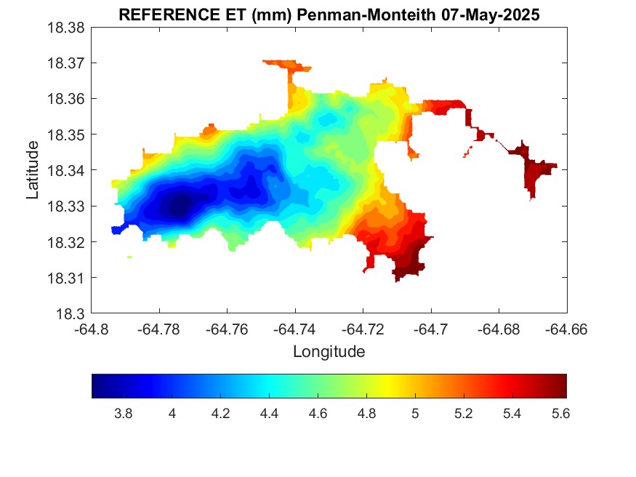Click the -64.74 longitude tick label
294,329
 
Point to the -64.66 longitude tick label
567,329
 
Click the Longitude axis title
329,352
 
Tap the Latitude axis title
32,170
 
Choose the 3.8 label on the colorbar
124,413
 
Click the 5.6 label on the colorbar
560,413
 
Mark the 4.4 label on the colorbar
269,413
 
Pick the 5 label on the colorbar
415,413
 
